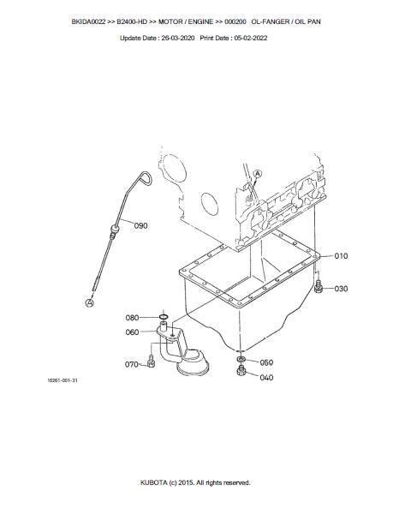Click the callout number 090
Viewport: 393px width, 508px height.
pyautogui.click(x=140, y=225)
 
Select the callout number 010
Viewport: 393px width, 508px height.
pyautogui.click(x=341, y=256)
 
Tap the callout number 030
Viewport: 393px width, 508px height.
pyautogui.click(x=341, y=289)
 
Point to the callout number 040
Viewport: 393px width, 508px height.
pyautogui.click(x=266, y=378)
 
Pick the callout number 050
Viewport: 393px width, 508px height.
pyautogui.click(x=266, y=362)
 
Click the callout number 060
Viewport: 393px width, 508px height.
pyautogui.click(x=132, y=332)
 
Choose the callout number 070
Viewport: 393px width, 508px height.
pyautogui.click(x=132, y=364)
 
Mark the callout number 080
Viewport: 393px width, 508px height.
pyautogui.click(x=132, y=318)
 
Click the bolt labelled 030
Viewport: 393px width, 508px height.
pyautogui.click(x=319, y=286)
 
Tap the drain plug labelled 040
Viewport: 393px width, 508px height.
pyautogui.click(x=241, y=370)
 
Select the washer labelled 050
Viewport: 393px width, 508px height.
pyautogui.click(x=241, y=359)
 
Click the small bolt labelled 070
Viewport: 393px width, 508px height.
pyautogui.click(x=151, y=362)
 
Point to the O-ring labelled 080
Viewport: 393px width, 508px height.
pyautogui.click(x=164, y=317)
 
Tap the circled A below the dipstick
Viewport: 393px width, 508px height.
pyautogui.click(x=89, y=303)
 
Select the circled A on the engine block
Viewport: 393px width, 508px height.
pyautogui.click(x=258, y=174)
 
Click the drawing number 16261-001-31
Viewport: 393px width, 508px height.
pyautogui.click(x=63, y=380)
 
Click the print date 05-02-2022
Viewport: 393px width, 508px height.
pyautogui.click(x=251, y=38)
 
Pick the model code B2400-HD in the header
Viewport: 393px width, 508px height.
pyautogui.click(x=132, y=21)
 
